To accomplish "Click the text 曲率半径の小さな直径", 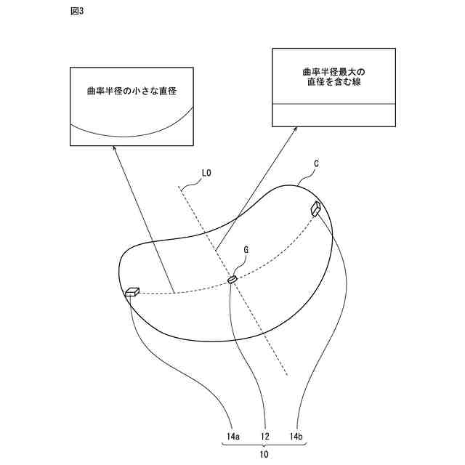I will pyautogui.click(x=132, y=90).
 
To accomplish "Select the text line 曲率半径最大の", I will pyautogui.click(x=334, y=72).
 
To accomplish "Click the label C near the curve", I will pyautogui.click(x=317, y=165).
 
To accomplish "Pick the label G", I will pyautogui.click(x=246, y=249).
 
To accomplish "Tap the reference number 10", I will pyautogui.click(x=264, y=454).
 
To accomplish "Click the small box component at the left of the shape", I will pyautogui.click(x=132, y=292).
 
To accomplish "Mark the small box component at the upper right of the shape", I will pyautogui.click(x=317, y=209).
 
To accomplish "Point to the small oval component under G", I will pyautogui.click(x=232, y=279).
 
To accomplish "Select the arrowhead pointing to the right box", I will pyautogui.click(x=294, y=130).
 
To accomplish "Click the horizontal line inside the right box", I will pyautogui.click(x=334, y=104).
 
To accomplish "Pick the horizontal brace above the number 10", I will pyautogui.click(x=264, y=446).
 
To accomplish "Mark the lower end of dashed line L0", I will pyautogui.click(x=288, y=375).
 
